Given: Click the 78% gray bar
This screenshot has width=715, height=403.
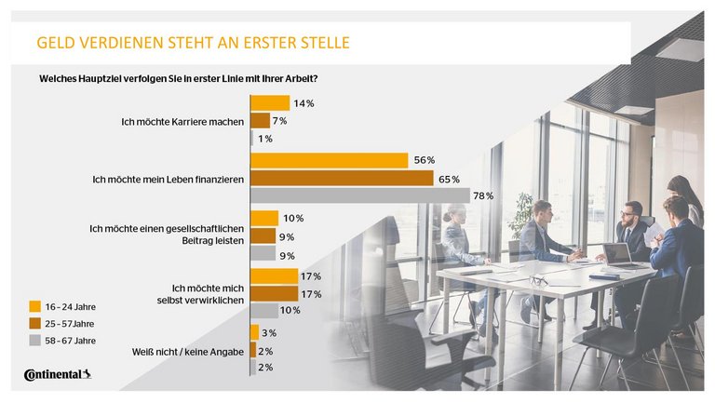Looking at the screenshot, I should click(x=360, y=195).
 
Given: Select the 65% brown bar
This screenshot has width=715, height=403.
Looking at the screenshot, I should click(x=342, y=178).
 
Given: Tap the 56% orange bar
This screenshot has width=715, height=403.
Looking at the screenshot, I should click(x=330, y=160).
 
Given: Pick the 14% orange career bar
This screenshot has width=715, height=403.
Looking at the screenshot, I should click(x=270, y=103).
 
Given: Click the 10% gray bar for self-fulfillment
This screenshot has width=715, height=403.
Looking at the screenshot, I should click(x=264, y=311).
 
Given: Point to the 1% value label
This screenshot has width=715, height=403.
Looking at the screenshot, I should click(x=265, y=139).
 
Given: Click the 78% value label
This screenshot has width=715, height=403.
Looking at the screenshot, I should click(x=483, y=195).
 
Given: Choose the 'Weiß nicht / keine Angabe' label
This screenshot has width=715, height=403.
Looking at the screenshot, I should click(x=188, y=351).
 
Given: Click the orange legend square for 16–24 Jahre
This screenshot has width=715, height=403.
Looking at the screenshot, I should click(x=34, y=305).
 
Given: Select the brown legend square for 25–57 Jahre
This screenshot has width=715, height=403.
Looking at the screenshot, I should click(x=34, y=323).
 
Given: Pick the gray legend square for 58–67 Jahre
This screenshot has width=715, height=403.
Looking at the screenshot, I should click(x=34, y=341).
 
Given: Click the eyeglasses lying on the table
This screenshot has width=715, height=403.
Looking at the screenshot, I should click(x=539, y=279).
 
